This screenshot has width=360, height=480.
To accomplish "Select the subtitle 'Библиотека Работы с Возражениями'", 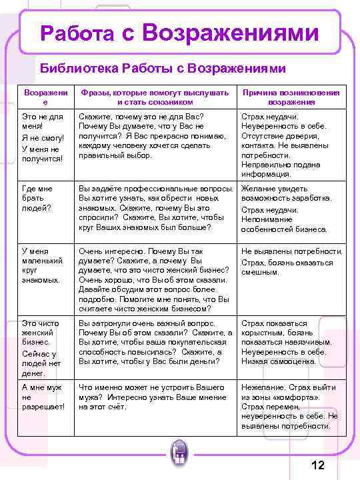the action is tap(163, 69).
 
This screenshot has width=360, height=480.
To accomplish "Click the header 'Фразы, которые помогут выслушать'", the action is tap(154, 97).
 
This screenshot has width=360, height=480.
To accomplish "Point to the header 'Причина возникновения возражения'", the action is tap(291, 97).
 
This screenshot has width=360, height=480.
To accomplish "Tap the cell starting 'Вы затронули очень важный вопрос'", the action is tap(155, 342).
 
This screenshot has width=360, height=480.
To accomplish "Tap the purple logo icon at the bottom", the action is tap(179, 454).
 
